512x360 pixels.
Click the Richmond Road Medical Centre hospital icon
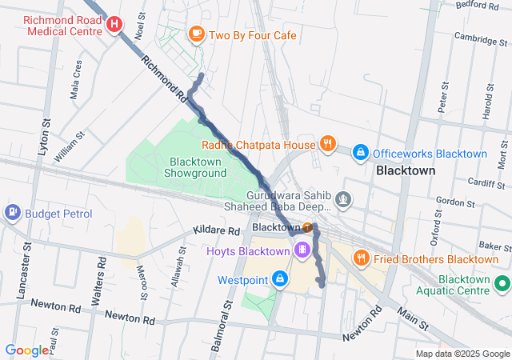click(x=115, y=25)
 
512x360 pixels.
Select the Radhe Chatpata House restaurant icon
click(x=327, y=144)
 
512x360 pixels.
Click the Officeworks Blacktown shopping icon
click(x=361, y=151)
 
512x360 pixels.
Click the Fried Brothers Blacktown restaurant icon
click(x=362, y=258)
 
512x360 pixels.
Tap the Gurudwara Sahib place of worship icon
click(x=343, y=198)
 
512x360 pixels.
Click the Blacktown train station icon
click(x=308, y=227)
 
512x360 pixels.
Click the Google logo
click(x=26, y=350)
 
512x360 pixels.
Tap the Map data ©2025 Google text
click(x=462, y=354)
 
